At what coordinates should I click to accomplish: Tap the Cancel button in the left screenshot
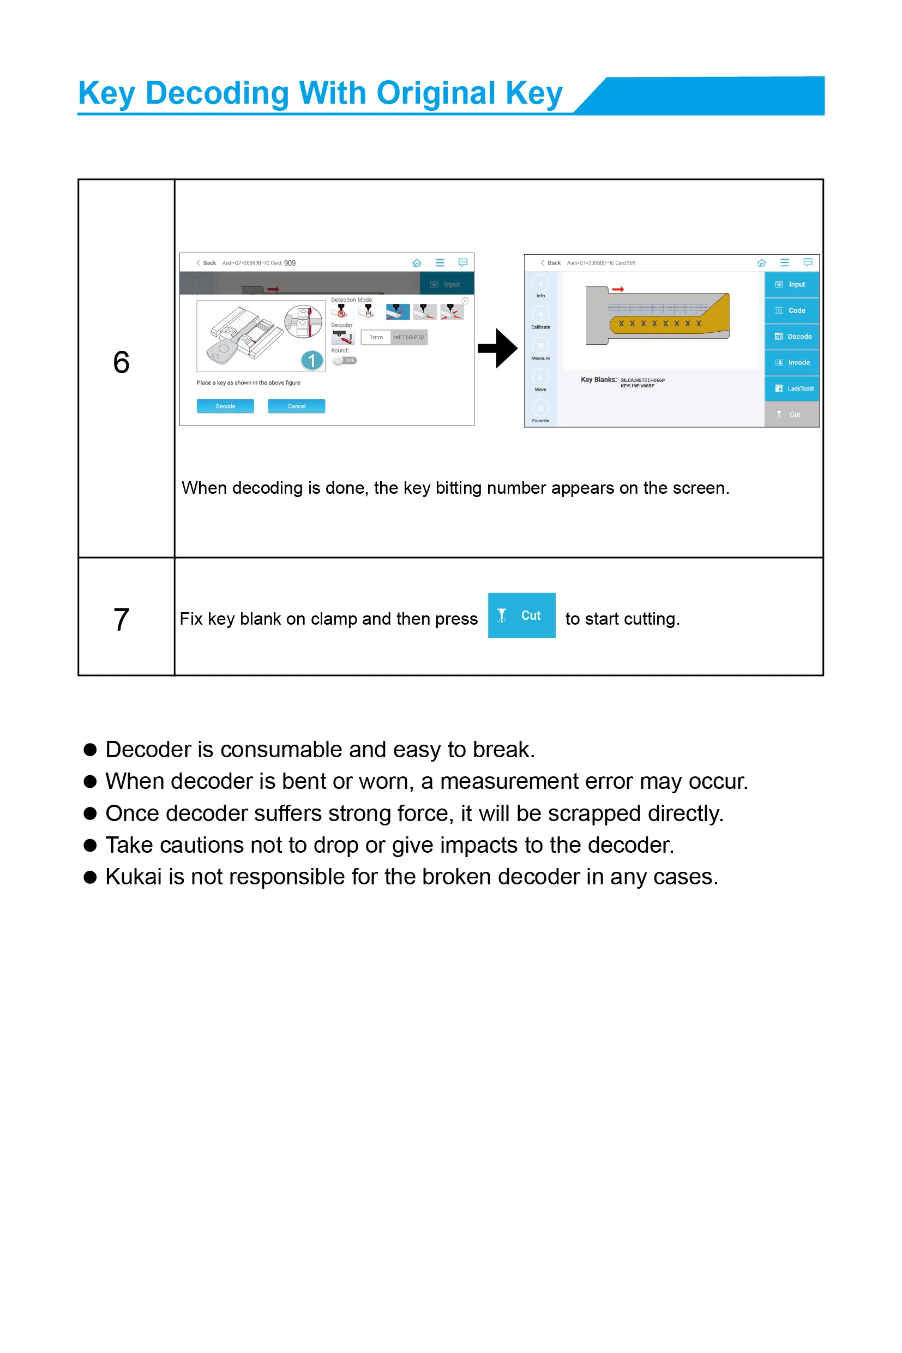pyautogui.click(x=296, y=406)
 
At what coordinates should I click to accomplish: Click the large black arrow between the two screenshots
pyautogui.click(x=497, y=348)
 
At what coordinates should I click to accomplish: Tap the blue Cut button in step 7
pyautogui.click(x=521, y=615)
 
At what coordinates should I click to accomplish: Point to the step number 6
pyautogui.click(x=122, y=363)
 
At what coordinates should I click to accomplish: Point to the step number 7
pyautogui.click(x=122, y=620)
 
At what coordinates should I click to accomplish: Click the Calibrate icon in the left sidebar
pyautogui.click(x=541, y=315)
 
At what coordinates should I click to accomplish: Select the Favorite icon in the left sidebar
pyautogui.click(x=541, y=409)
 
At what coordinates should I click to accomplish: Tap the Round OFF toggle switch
pyautogui.click(x=345, y=361)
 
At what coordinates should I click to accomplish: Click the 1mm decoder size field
pyautogui.click(x=376, y=337)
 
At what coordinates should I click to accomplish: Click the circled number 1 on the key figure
pyautogui.click(x=312, y=361)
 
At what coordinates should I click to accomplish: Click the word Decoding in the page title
pyautogui.click(x=217, y=93)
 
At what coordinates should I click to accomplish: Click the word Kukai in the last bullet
pyautogui.click(x=133, y=877)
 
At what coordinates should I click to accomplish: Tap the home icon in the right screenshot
pyautogui.click(x=762, y=263)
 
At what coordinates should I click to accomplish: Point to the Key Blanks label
pyautogui.click(x=598, y=380)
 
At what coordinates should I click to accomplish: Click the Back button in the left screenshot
pyautogui.click(x=207, y=263)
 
